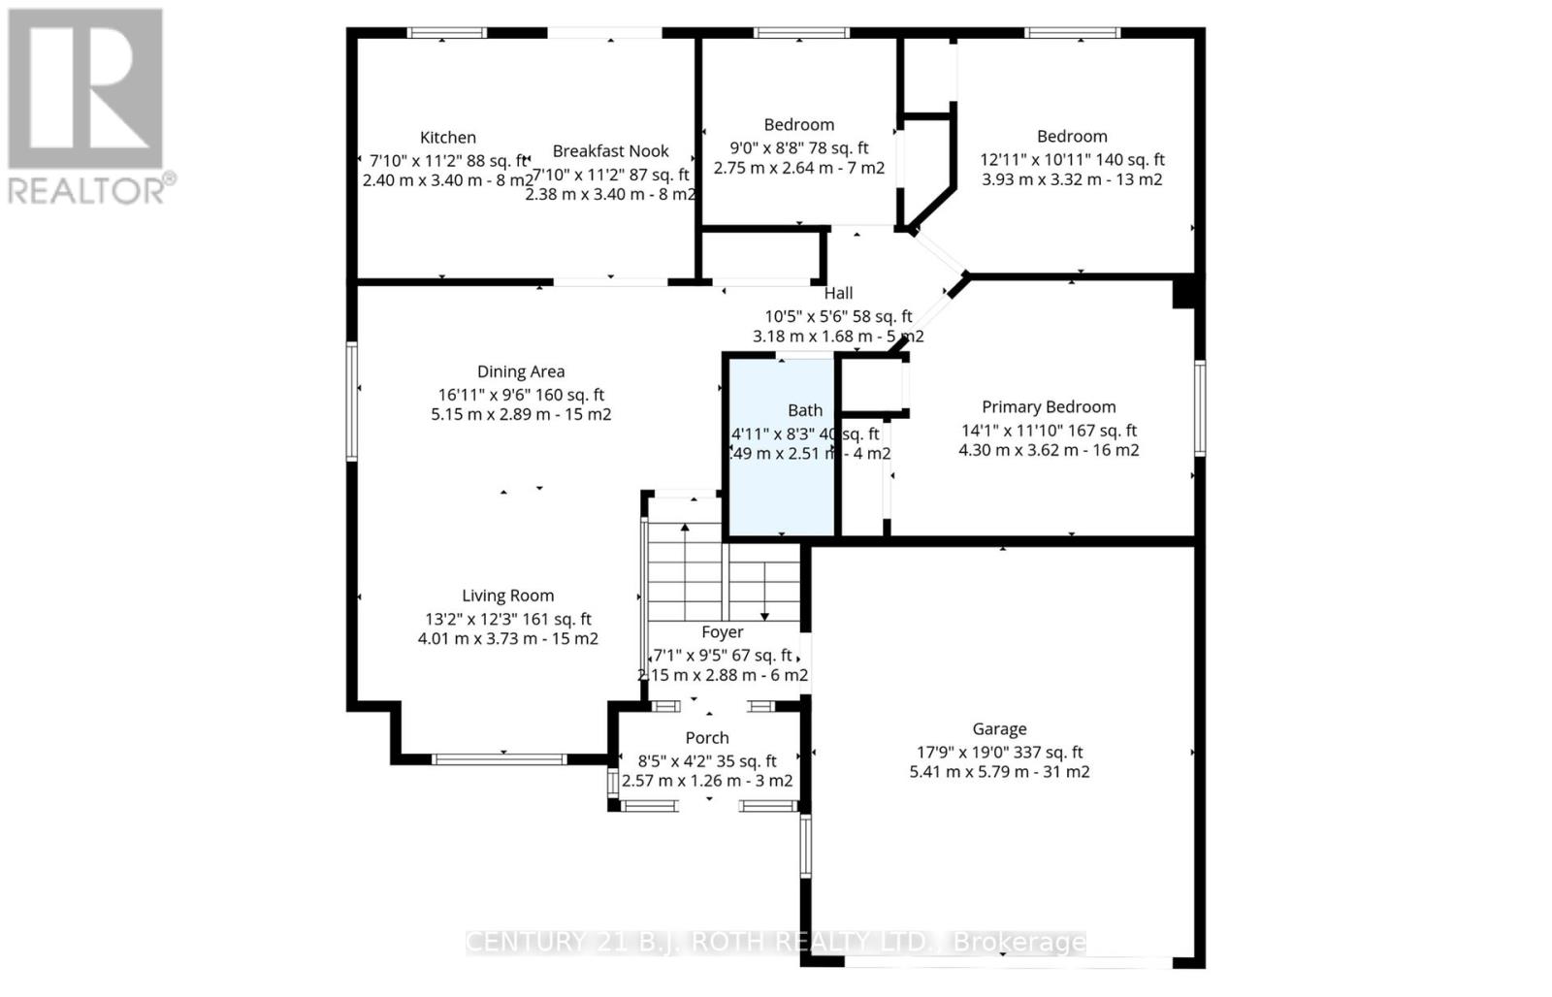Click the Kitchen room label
pyautogui.click(x=447, y=138)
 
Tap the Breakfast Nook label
pyautogui.click(x=610, y=151)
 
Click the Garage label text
pyautogui.click(x=999, y=729)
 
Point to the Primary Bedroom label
pyautogui.click(x=1049, y=407)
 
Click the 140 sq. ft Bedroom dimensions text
pyautogui.click(x=1072, y=160)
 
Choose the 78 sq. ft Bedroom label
pyautogui.click(x=798, y=125)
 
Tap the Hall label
pyautogui.click(x=838, y=293)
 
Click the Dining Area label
pyautogui.click(x=521, y=371)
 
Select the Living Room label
pyautogui.click(x=507, y=596)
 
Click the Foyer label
pyautogui.click(x=723, y=632)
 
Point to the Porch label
pyautogui.click(x=707, y=738)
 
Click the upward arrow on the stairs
pyautogui.click(x=686, y=529)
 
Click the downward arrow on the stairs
pyautogui.click(x=764, y=614)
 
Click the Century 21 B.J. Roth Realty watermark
pyautogui.click(x=776, y=942)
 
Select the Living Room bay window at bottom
pyautogui.click(x=499, y=758)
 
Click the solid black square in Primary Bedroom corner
pyautogui.click(x=1182, y=292)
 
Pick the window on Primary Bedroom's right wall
pyautogui.click(x=1200, y=407)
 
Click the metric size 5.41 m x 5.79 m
pyautogui.click(x=999, y=773)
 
